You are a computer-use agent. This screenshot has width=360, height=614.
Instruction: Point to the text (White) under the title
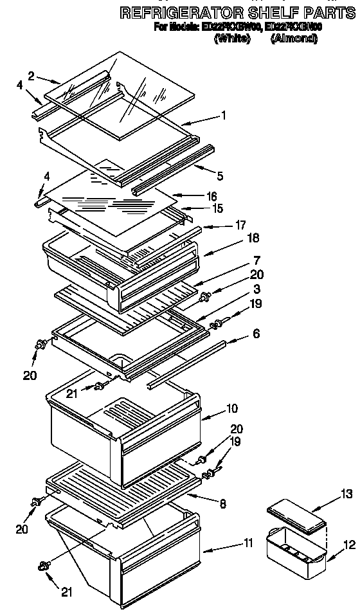pos(232,39)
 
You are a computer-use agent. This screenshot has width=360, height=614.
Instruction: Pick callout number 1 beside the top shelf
pos(222,116)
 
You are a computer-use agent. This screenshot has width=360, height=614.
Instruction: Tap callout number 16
pos(212,196)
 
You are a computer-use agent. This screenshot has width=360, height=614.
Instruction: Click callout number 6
pos(256,334)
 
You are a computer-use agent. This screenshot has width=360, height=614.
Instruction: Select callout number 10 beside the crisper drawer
pos(231,408)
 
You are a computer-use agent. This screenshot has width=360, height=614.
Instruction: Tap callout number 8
pos(222,505)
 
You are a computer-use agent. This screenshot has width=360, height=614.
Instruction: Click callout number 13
pos(346,493)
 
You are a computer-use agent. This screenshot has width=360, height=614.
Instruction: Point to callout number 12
pos(348,545)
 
